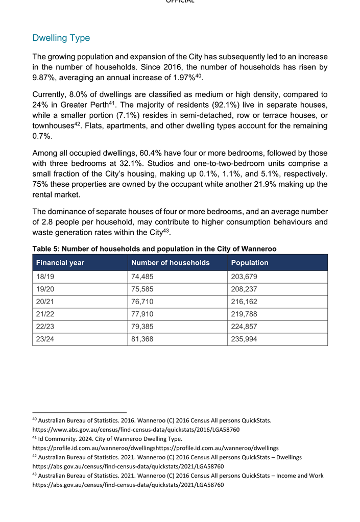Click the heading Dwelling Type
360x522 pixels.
pyautogui.click(x=61, y=38)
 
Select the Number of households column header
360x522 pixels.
pyautogui.click(x=170, y=263)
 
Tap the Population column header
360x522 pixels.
pyautogui.click(x=250, y=263)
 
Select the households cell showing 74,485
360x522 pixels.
pyautogui.click(x=142, y=277)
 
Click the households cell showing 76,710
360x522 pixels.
pyautogui.click(x=142, y=302)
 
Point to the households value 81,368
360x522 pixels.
pyautogui.click(x=142, y=339)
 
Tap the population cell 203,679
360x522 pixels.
pyautogui.click(x=245, y=277)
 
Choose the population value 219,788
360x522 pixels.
pyautogui.click(x=245, y=314)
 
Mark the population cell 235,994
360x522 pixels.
pyautogui.click(x=245, y=339)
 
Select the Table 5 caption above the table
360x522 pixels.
pyautogui.click(x=154, y=249)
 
